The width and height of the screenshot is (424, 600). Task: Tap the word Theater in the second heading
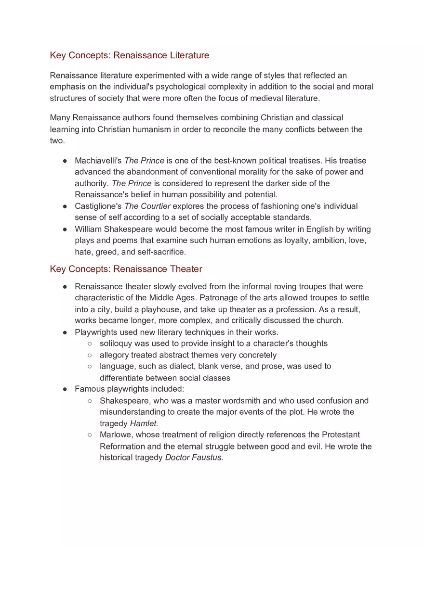[186, 269]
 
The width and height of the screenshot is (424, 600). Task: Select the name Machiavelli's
[98, 161]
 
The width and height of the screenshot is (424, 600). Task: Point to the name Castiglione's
[98, 206]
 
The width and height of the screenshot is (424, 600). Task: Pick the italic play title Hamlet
[144, 423]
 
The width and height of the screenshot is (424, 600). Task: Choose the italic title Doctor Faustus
[194, 458]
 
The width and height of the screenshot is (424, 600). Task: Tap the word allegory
[114, 355]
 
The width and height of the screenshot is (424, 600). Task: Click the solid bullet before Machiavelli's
[65, 161]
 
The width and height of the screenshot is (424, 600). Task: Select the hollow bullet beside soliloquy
[90, 344]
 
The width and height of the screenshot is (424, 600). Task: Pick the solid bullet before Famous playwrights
[65, 389]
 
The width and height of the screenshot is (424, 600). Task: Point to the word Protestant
[341, 435]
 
